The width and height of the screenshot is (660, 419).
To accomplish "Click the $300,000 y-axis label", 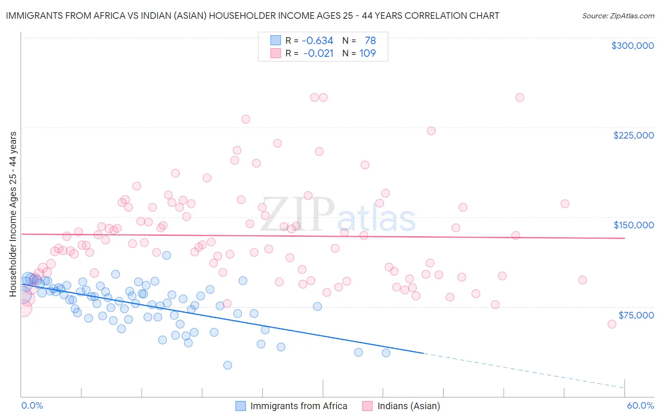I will pyautogui.click(x=632, y=46).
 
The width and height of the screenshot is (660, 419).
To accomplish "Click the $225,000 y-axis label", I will pyautogui.click(x=633, y=135).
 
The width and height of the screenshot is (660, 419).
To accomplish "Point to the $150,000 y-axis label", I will pyautogui.click(x=633, y=225).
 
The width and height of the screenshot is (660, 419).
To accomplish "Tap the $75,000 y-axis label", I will pyautogui.click(x=636, y=315).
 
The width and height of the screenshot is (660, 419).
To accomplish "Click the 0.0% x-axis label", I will pyautogui.click(x=32, y=405).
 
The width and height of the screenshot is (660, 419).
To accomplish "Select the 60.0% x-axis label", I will pyautogui.click(x=640, y=405).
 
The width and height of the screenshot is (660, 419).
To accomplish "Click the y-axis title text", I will pyautogui.click(x=13, y=214).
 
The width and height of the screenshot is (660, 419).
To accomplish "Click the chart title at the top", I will pyautogui.click(x=252, y=16).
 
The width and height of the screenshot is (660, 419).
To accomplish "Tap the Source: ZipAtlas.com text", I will pyautogui.click(x=618, y=16).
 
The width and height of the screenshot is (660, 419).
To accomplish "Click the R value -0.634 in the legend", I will pyautogui.click(x=317, y=40).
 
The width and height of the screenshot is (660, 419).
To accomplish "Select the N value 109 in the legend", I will pyautogui.click(x=368, y=53).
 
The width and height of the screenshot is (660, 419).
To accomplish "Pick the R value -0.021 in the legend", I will pyautogui.click(x=318, y=53).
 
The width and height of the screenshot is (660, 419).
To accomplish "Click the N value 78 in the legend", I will pyautogui.click(x=370, y=40).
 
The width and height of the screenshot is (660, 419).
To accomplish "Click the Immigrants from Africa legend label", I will pyautogui.click(x=299, y=406).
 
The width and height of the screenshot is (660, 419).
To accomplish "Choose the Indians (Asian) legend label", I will pyautogui.click(x=408, y=406).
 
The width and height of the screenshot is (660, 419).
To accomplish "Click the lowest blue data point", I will pyautogui.click(x=228, y=365).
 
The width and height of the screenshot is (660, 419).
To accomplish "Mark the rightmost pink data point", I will pyautogui.click(x=612, y=324).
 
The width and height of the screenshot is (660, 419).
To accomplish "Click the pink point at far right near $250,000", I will pyautogui.click(x=520, y=98).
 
